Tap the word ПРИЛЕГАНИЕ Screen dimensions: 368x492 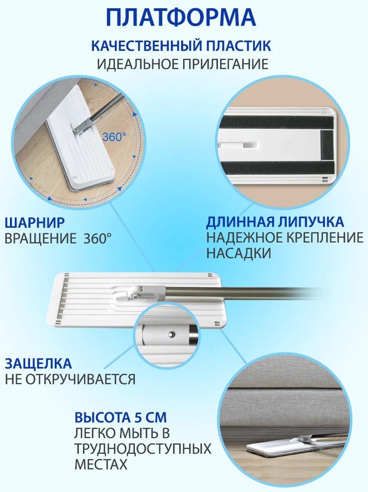click(x=225, y=64)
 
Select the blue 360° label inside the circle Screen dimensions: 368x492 click(x=114, y=137)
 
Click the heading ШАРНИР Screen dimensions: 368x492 click(x=34, y=223)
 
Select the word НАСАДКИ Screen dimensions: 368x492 click(x=239, y=253)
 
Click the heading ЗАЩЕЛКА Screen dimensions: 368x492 click(x=38, y=364)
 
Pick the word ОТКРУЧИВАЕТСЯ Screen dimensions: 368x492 click(x=80, y=379)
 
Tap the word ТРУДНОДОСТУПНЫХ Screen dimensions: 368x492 click(x=143, y=449)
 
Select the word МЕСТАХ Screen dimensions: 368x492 click(x=101, y=464)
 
